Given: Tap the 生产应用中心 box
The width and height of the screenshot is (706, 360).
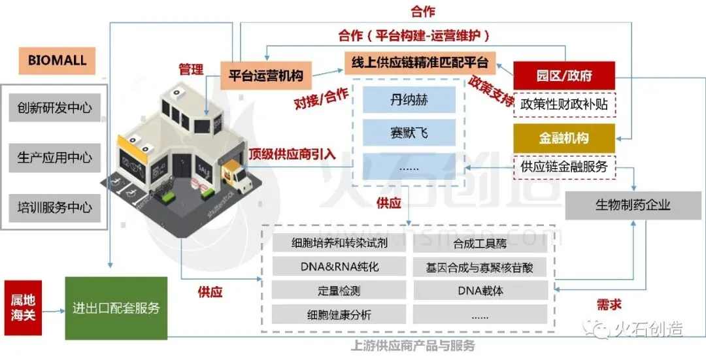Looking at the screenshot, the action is tap(55, 158).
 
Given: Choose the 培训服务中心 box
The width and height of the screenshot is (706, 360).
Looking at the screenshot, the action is tap(55, 208).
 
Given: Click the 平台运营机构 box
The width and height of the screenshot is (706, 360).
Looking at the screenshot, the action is tap(265, 75).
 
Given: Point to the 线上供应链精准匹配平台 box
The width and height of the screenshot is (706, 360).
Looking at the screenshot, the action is tap(420, 63).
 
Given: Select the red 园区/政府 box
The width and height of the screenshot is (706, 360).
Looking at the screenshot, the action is tap(564, 76).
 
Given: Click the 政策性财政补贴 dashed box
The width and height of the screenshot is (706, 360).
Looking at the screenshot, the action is tap(564, 104).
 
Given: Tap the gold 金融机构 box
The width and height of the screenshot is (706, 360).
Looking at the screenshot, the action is tap(564, 139).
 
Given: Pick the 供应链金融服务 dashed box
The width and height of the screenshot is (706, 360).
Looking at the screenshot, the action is tap(564, 167).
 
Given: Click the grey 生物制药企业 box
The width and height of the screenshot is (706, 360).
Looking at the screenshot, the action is tap(632, 205).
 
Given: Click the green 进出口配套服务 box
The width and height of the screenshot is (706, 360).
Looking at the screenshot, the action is tap(116, 308).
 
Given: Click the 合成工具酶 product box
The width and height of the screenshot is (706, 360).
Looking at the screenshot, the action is tap(480, 244).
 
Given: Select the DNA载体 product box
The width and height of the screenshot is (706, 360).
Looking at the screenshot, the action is tap(480, 291).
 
